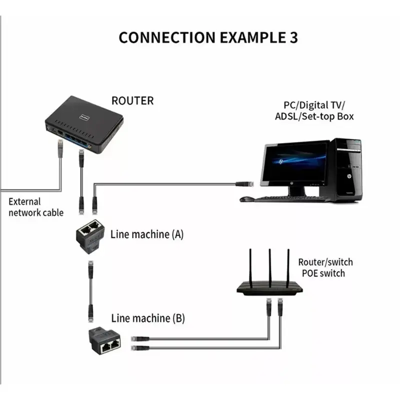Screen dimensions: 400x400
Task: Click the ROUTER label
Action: [132, 100]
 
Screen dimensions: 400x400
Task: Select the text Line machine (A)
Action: [147, 233]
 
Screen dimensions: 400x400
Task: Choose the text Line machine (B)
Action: [147, 317]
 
